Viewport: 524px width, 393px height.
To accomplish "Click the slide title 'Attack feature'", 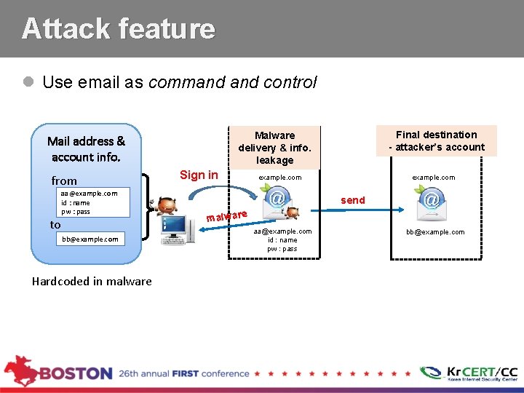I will (119, 28).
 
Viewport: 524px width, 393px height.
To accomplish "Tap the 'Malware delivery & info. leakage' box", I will (274, 147).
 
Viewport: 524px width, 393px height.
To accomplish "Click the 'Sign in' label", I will (199, 175).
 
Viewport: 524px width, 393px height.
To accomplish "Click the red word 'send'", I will (353, 200).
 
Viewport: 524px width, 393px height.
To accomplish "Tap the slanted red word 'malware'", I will (228, 215).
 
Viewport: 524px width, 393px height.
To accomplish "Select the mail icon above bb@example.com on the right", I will (432, 203).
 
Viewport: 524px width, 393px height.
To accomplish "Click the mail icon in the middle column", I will (276, 203).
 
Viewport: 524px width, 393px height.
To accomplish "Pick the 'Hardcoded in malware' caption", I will (92, 282).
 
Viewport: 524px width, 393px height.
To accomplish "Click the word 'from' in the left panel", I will (64, 180).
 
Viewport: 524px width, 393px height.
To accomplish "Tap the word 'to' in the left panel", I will (55, 225).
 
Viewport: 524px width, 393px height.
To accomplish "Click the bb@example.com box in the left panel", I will (90, 239).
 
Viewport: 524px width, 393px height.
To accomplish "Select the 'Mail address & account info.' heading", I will (86, 149).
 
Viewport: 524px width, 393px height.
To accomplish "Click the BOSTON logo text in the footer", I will (76, 373).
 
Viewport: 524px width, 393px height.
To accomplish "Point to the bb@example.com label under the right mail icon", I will (435, 232).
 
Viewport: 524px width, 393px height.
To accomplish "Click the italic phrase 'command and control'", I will (232, 82).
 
